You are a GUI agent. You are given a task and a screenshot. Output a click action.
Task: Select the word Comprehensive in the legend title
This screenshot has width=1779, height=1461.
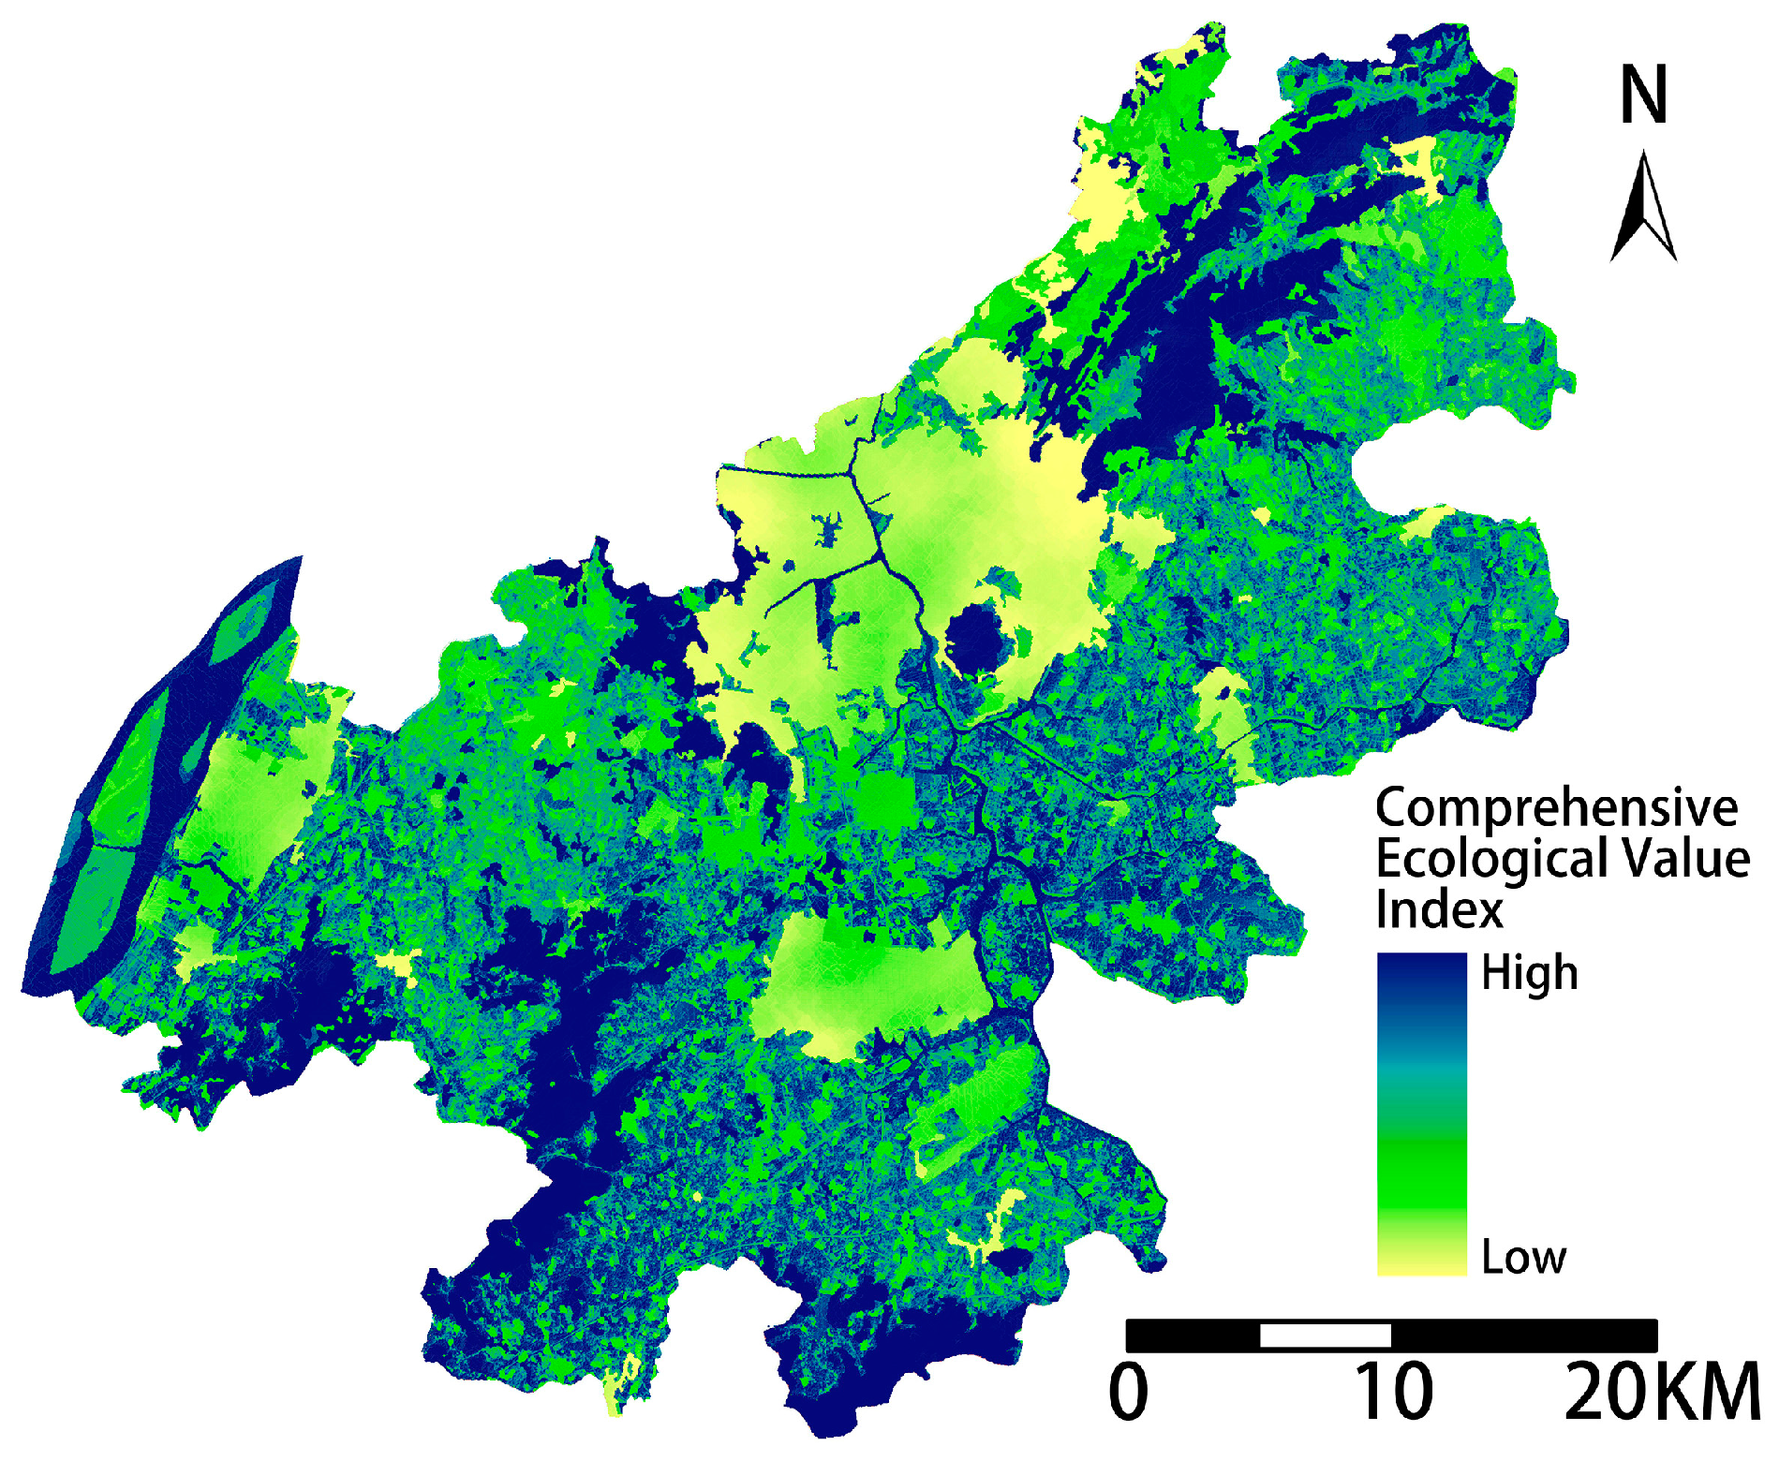[1556, 808]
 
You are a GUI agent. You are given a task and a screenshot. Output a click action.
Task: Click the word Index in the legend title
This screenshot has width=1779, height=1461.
[1438, 909]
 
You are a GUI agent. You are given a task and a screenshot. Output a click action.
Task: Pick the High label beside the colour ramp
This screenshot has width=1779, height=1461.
[1529, 974]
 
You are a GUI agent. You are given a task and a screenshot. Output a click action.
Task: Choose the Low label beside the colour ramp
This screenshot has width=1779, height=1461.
[1523, 1257]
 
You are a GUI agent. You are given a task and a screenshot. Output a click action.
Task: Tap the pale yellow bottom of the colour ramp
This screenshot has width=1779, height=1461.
[1421, 1260]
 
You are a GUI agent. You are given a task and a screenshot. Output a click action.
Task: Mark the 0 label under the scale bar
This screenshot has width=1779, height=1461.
[1128, 1393]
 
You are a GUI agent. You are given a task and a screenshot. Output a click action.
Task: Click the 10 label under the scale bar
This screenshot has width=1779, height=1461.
[1393, 1393]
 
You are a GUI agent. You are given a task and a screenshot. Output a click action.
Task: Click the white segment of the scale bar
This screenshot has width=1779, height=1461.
[1325, 1335]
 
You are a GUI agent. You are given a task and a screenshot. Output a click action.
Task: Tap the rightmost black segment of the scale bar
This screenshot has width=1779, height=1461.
[1524, 1335]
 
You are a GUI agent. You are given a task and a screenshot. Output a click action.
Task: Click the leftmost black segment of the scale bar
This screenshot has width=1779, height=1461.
[1193, 1335]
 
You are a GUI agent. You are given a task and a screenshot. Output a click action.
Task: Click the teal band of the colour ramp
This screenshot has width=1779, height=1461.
[1421, 1077]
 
